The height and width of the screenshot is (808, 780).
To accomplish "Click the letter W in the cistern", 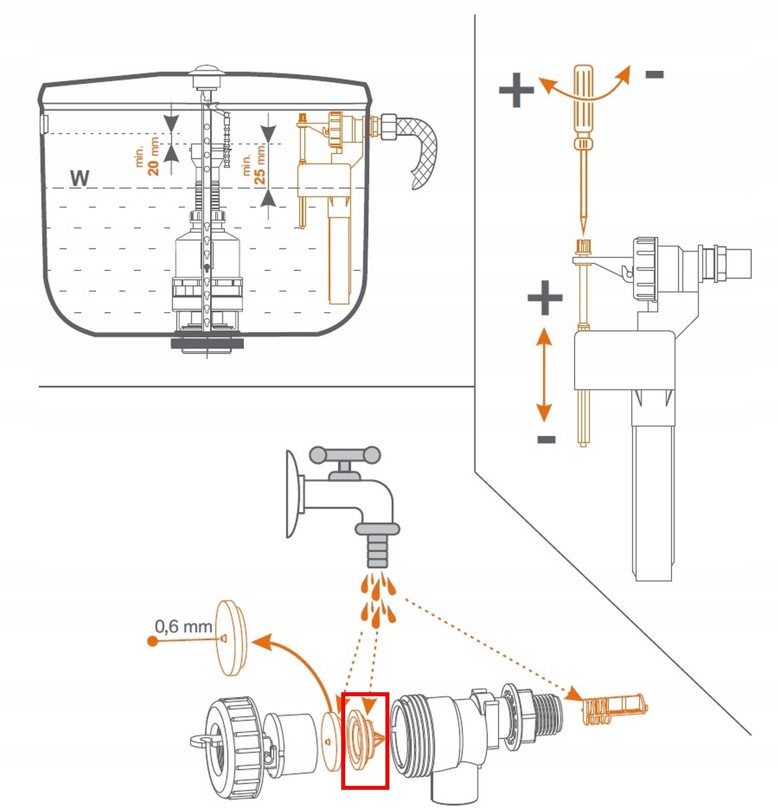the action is pos(79,178).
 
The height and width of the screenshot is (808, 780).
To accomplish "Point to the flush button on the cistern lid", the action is pos(206,70).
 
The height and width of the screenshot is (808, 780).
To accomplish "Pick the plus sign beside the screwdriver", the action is pos(516,90).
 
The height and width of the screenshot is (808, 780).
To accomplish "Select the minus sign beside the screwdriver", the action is pos(655,75).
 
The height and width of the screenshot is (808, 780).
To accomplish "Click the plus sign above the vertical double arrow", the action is pos(545,297).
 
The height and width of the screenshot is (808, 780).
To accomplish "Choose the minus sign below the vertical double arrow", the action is pos(546,439).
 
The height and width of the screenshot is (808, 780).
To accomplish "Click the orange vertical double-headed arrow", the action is pos(544,374).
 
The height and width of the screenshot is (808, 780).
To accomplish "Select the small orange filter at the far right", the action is pos(615,709).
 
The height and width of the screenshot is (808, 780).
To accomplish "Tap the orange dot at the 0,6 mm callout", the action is pos(153,642).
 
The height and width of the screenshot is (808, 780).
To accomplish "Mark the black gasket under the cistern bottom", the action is pos(207,343).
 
